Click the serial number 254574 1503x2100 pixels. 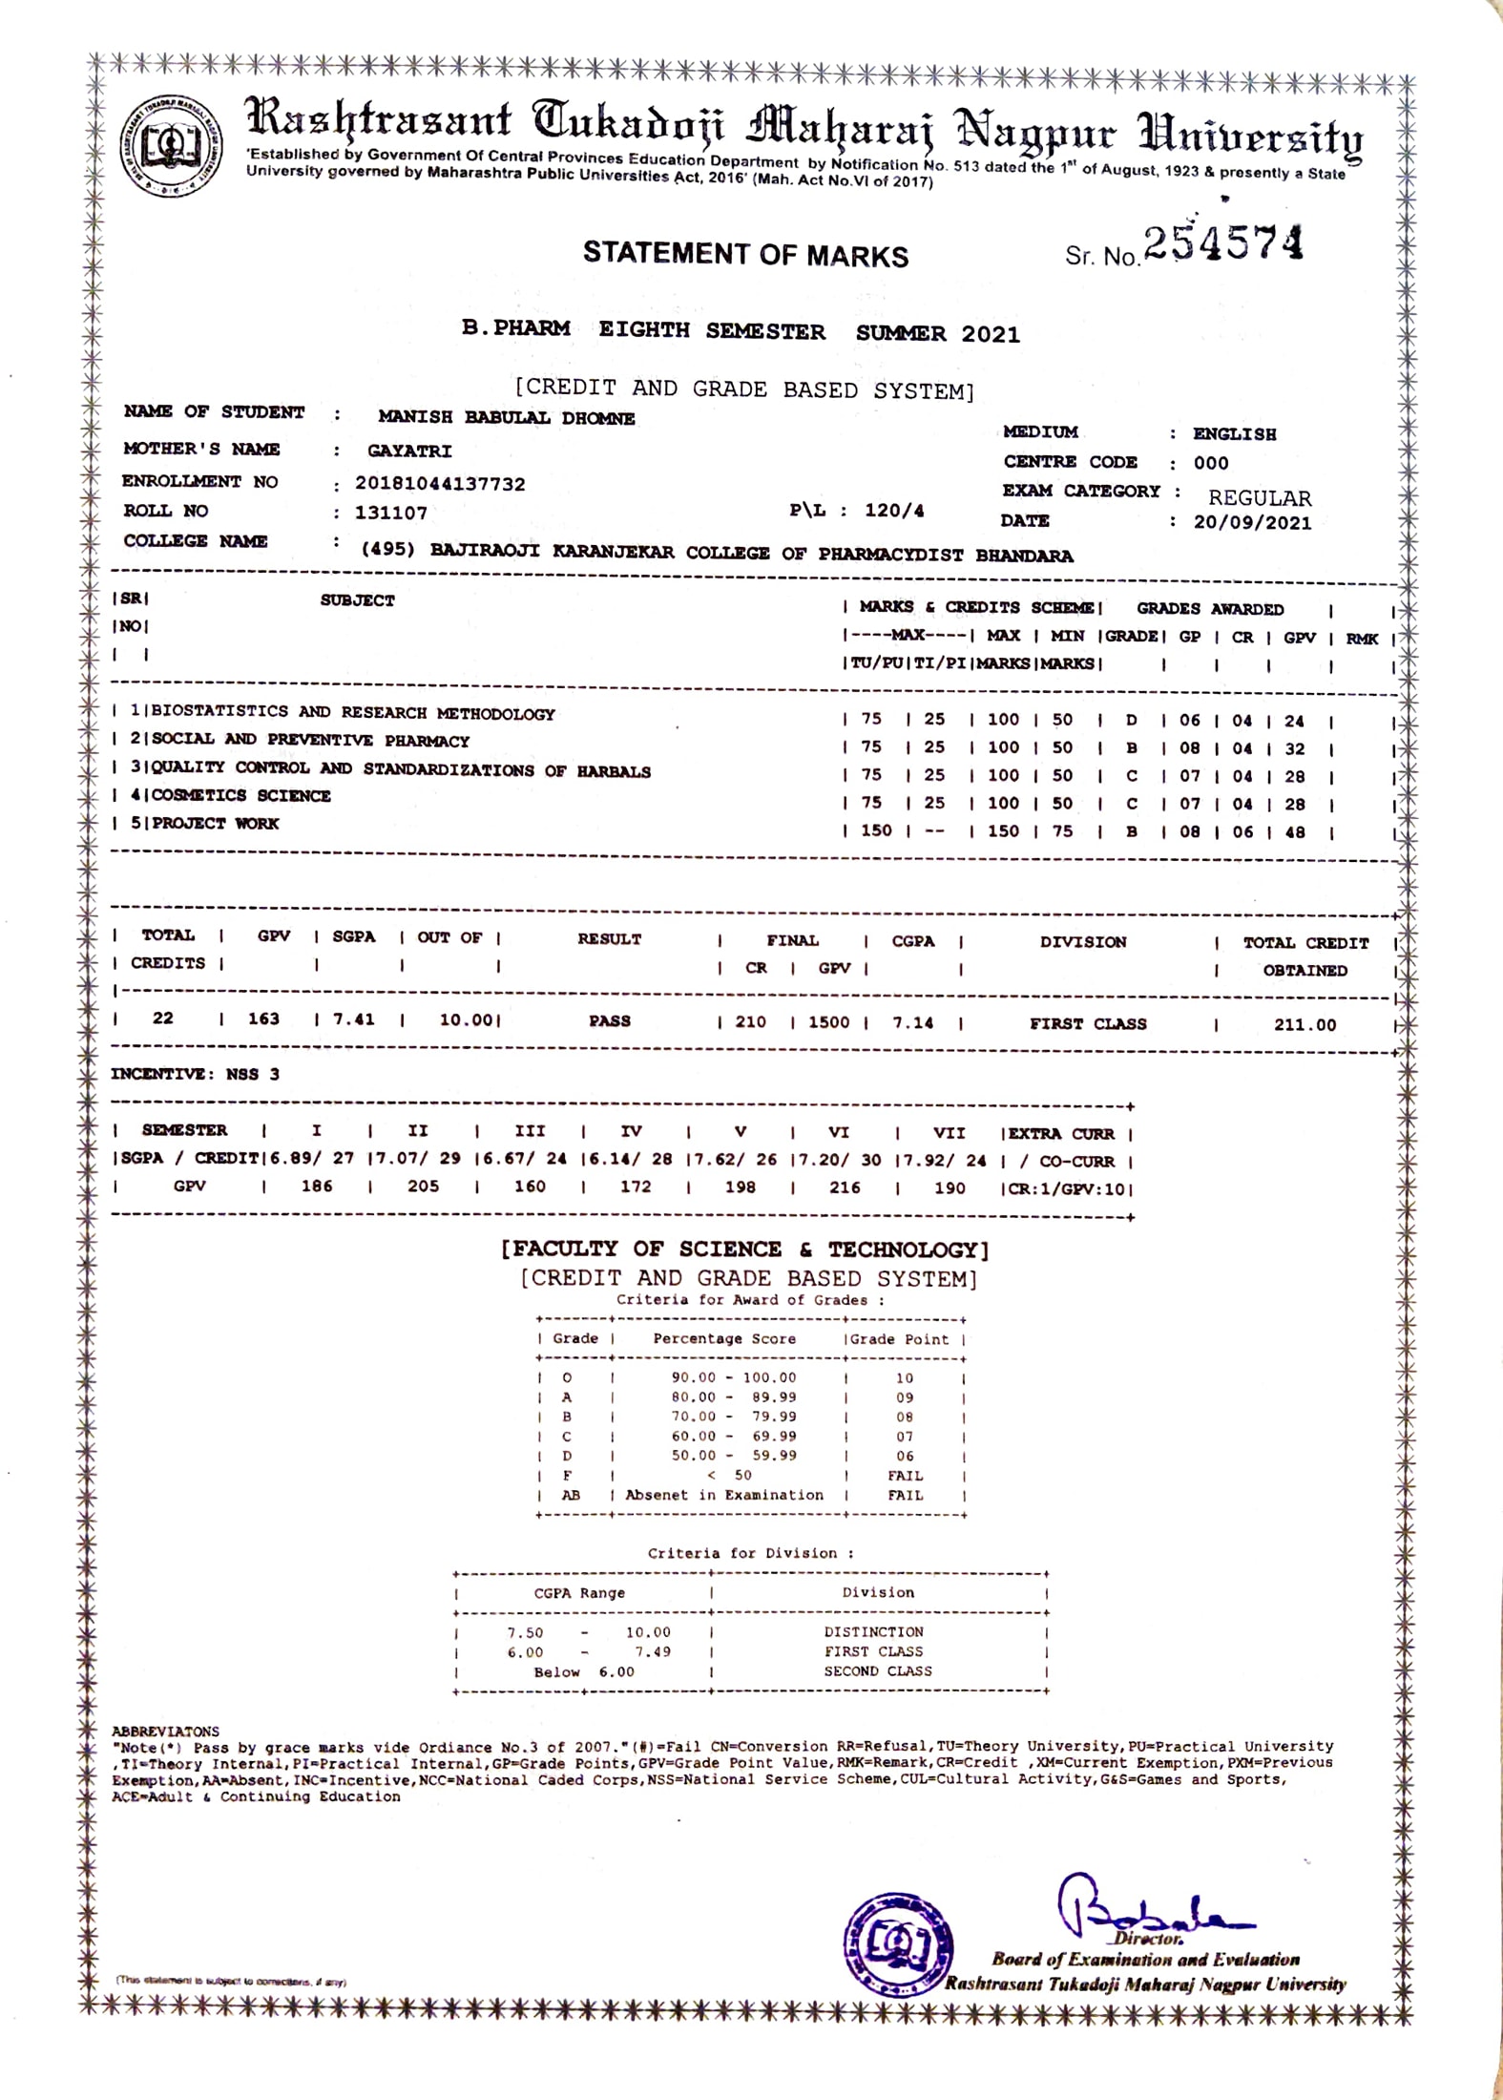[1222, 243]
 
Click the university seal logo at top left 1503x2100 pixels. [172, 146]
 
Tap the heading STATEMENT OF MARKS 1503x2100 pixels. [745, 254]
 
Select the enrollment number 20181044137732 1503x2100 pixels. [440, 484]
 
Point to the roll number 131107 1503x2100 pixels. [391, 513]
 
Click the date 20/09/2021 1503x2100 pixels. [1252, 523]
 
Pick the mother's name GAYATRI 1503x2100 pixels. [409, 451]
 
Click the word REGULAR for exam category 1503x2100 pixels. [1260, 497]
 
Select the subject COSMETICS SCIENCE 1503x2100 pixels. [240, 795]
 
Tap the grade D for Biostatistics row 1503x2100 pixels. [1132, 721]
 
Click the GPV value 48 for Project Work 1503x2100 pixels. [1295, 832]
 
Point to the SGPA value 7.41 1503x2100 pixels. [353, 1019]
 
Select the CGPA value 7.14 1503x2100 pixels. [913, 1022]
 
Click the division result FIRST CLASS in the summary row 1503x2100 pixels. [1088, 1023]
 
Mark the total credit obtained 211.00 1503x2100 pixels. [1305, 1025]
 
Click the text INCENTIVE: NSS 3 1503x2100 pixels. [196, 1074]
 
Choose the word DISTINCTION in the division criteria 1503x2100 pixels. [873, 1632]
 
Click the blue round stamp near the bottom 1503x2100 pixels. [897, 1943]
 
